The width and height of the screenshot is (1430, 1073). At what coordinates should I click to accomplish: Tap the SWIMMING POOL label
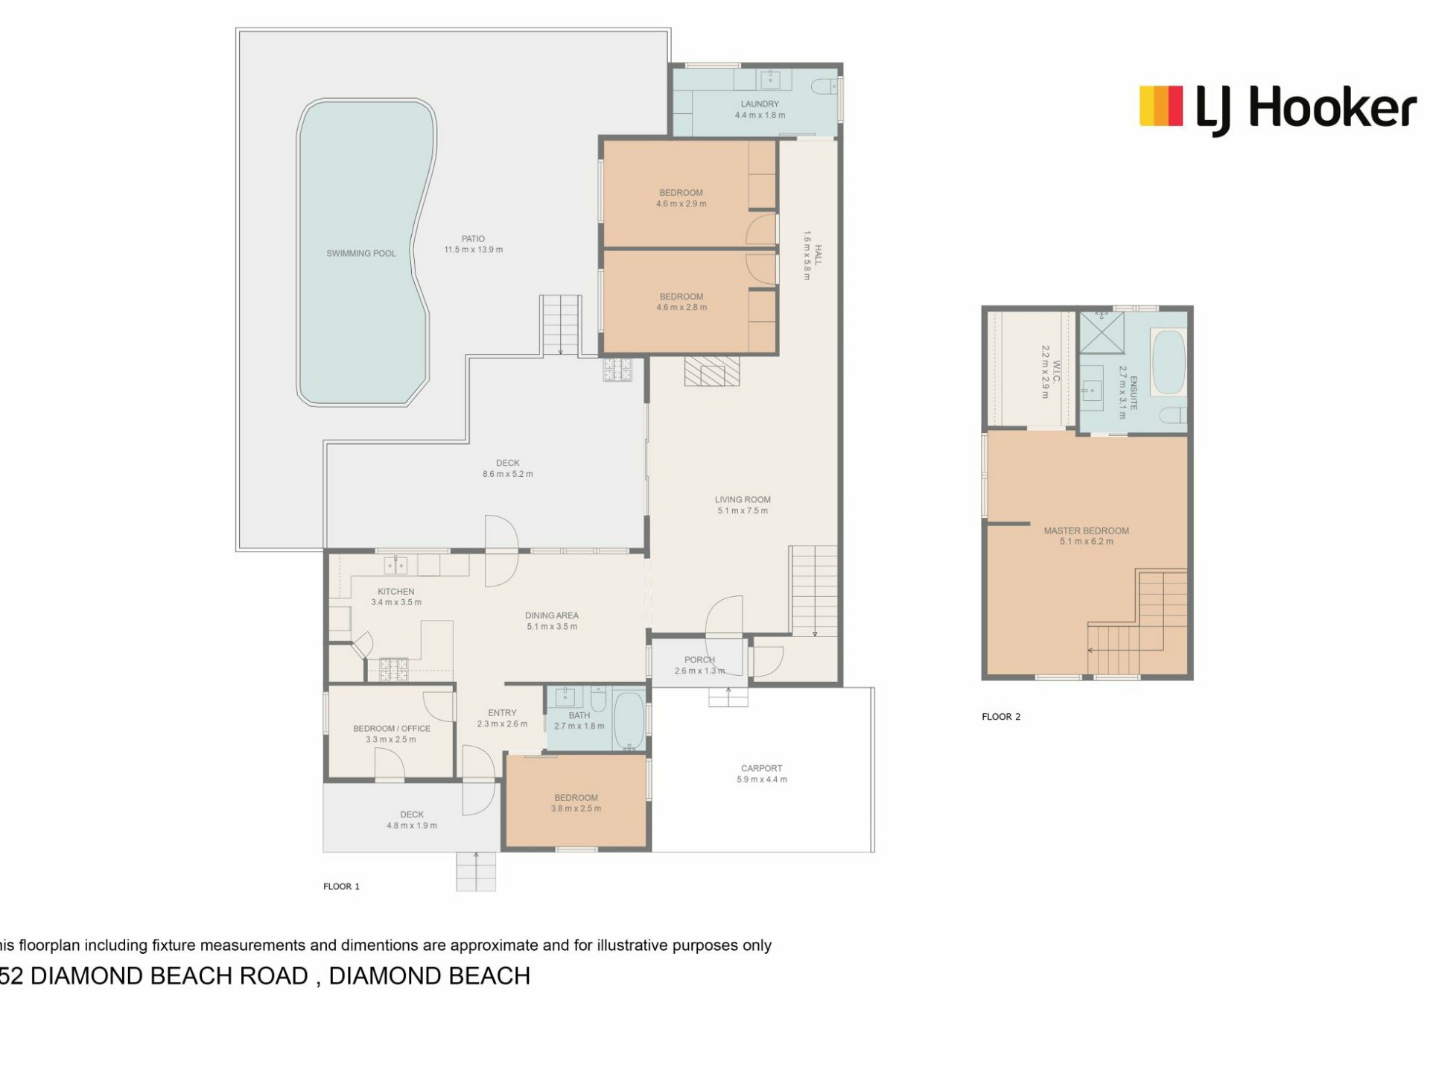click(361, 253)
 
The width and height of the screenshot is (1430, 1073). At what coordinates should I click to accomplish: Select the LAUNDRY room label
click(760, 104)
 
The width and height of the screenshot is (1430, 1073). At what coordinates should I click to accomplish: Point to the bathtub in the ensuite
click(1168, 362)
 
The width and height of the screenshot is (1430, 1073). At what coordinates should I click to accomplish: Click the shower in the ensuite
click(1102, 332)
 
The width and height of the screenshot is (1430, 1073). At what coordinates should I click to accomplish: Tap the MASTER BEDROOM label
click(1086, 531)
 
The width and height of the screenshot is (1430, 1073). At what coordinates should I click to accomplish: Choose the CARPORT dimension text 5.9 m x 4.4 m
click(762, 779)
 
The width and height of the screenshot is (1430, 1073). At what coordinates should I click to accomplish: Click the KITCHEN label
click(396, 592)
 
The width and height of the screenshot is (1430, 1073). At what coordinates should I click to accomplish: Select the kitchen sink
click(395, 566)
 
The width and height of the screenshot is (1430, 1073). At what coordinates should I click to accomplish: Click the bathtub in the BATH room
click(629, 721)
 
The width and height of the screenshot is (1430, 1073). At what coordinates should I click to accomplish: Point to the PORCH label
click(699, 659)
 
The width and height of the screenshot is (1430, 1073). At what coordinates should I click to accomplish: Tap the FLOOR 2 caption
click(1001, 717)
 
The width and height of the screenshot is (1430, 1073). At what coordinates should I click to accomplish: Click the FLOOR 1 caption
click(341, 887)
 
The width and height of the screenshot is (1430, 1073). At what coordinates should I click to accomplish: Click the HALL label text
click(818, 255)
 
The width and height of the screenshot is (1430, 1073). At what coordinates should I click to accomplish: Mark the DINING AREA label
click(552, 615)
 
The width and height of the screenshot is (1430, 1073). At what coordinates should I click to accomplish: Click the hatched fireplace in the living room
click(713, 371)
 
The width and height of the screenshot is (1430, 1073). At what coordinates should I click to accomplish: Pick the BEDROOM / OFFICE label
click(392, 729)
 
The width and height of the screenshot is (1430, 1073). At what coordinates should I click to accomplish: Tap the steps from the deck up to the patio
click(560, 325)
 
